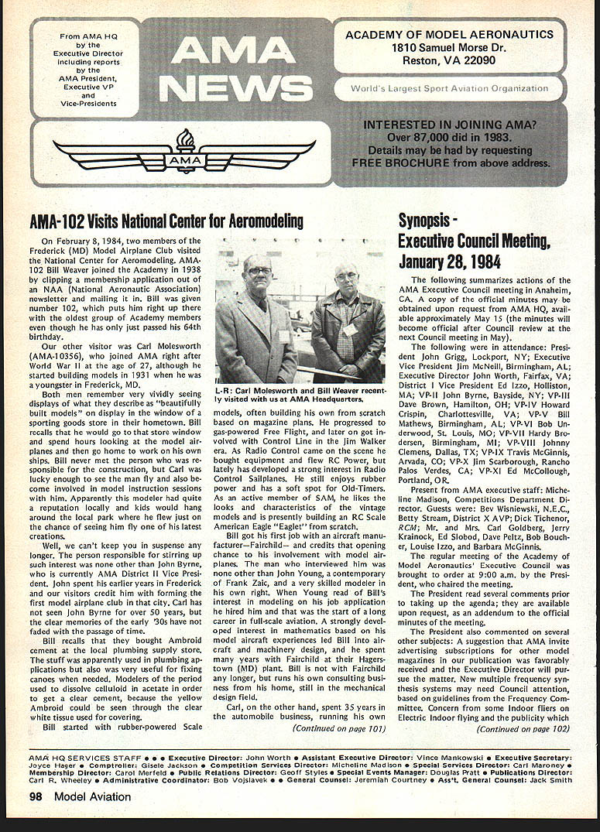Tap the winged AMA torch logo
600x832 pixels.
184,152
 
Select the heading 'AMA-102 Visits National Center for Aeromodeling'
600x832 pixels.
166,222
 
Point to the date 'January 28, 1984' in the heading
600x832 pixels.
450,262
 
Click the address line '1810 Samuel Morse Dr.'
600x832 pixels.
449,48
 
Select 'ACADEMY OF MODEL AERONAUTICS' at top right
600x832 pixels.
449,35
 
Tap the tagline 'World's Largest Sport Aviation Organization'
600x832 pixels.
449,89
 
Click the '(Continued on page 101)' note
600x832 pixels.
338,728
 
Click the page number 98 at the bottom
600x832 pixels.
36,796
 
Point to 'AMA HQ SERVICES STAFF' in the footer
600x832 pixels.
85,757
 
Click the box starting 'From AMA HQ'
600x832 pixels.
84,67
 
